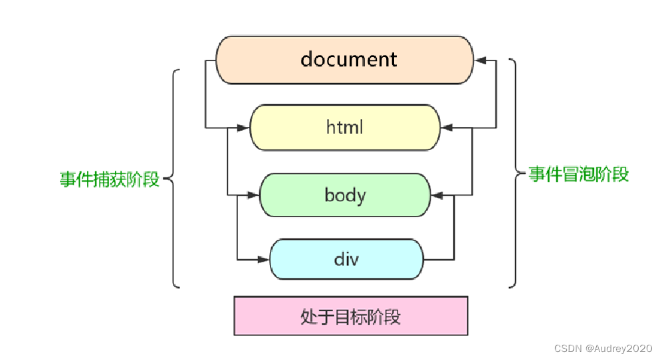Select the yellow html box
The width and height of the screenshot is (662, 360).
click(345, 127)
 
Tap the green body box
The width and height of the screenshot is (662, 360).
click(345, 195)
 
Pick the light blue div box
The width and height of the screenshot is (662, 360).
click(346, 258)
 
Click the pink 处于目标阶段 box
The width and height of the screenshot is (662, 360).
click(351, 316)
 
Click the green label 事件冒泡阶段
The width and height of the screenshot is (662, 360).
click(578, 175)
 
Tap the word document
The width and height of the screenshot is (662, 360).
click(348, 59)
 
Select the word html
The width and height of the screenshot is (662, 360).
click(345, 127)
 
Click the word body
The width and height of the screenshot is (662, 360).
click(345, 195)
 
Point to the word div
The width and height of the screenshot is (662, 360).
click(346, 258)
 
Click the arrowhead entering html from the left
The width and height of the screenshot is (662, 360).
click(242, 127)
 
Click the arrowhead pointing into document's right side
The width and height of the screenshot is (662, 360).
click(481, 60)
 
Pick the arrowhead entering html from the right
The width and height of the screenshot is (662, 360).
click(449, 127)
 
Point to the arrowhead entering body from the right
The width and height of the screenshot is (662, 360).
click(438, 195)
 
